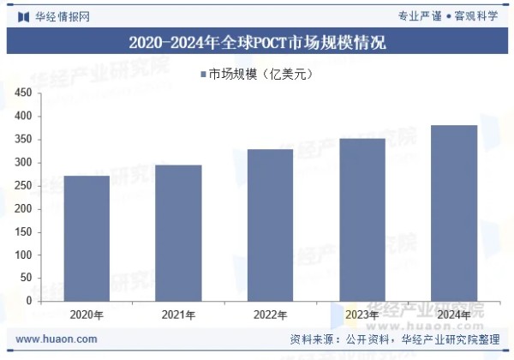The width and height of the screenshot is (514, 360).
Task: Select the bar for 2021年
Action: click(178, 233)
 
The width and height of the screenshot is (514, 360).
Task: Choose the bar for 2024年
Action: click(453, 213)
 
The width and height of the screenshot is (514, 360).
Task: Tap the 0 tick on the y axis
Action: click(29, 301)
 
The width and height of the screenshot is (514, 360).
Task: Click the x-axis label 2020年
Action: click(87, 315)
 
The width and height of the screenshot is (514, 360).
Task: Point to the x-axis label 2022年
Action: click(270, 315)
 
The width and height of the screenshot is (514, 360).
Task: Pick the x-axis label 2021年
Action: click(178, 315)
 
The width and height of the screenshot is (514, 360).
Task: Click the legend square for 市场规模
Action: click(202, 75)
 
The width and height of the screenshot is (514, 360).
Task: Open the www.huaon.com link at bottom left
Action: click(56, 339)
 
